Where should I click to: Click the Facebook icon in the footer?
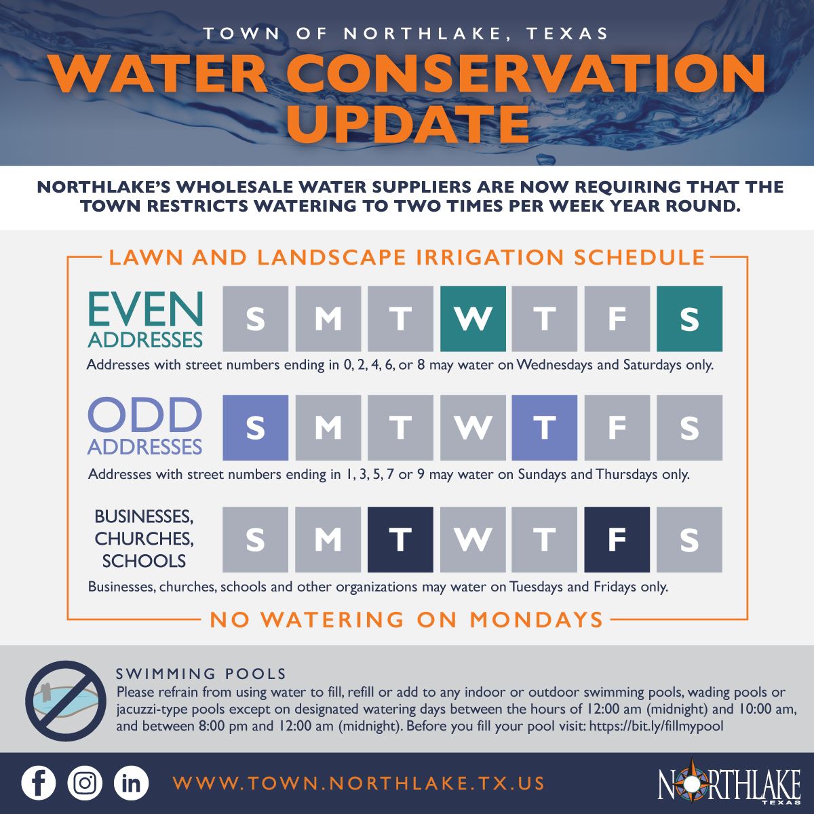tap(39, 783)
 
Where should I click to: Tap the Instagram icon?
tap(85, 783)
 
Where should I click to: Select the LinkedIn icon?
tap(131, 783)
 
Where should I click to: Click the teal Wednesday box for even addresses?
tap(473, 318)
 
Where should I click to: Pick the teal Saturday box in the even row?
tap(689, 318)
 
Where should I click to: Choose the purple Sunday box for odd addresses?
tap(256, 427)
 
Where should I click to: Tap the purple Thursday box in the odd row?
tap(545, 427)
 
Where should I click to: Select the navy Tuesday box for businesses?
tap(400, 539)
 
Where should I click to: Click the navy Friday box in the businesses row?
tap(617, 539)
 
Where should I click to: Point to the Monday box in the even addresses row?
tap(328, 318)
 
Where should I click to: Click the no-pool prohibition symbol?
tap(66, 699)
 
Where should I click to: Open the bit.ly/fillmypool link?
tap(657, 726)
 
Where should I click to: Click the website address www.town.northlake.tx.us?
tap(359, 783)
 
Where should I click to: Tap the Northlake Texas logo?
tap(729, 783)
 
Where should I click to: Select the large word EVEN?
tap(145, 309)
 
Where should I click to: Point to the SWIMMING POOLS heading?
tap(201, 674)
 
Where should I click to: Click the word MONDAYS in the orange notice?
tap(537, 619)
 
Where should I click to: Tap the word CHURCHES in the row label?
tap(144, 539)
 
